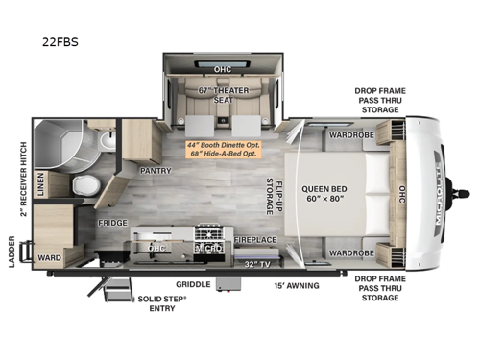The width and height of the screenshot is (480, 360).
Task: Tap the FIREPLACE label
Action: click(255, 239)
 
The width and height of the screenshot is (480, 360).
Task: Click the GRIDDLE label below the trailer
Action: click(193, 284)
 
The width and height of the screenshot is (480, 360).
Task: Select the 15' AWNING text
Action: click(292, 284)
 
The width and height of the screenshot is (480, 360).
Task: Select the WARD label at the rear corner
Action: click(49, 258)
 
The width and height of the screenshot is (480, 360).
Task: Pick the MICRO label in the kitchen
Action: click(208, 249)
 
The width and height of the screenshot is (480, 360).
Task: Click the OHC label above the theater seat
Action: click(222, 69)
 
